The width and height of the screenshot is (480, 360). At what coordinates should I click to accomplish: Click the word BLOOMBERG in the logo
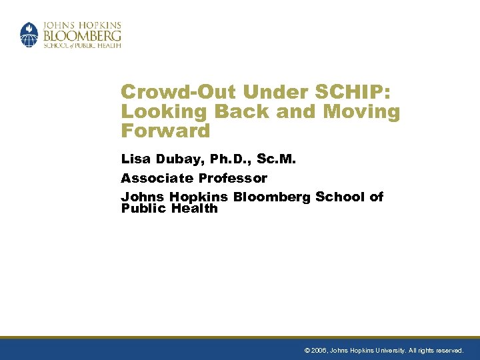click(82, 33)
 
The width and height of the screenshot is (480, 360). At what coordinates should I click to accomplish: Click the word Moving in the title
click(361, 111)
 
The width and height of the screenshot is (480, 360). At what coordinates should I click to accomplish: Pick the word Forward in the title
click(165, 130)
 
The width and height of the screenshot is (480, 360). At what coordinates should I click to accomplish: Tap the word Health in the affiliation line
click(194, 208)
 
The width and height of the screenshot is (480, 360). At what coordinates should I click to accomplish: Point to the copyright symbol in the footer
click(307, 350)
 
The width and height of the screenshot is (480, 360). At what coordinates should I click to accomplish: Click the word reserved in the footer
click(449, 350)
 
